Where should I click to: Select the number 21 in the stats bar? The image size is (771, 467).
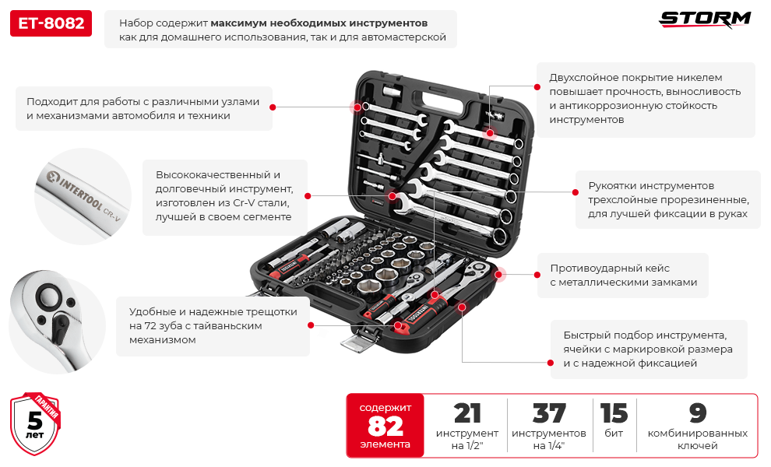pos(466,413)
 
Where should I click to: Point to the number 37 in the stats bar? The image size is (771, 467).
pos(549,413)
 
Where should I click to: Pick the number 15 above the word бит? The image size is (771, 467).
pos(614,413)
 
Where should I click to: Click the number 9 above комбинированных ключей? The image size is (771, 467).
pos(698,413)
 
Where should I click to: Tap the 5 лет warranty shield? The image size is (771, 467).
pos(35,423)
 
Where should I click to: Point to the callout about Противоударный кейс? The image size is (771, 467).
pos(623,275)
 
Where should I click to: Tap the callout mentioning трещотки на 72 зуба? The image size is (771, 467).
pos(213,325)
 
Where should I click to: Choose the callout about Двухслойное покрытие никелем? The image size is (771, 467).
pos(645,99)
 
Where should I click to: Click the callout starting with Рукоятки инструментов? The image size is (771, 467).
pos(667,200)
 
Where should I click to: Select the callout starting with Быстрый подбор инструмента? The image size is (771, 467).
pos(648,349)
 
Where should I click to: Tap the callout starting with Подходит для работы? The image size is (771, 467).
pos(144,108)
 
